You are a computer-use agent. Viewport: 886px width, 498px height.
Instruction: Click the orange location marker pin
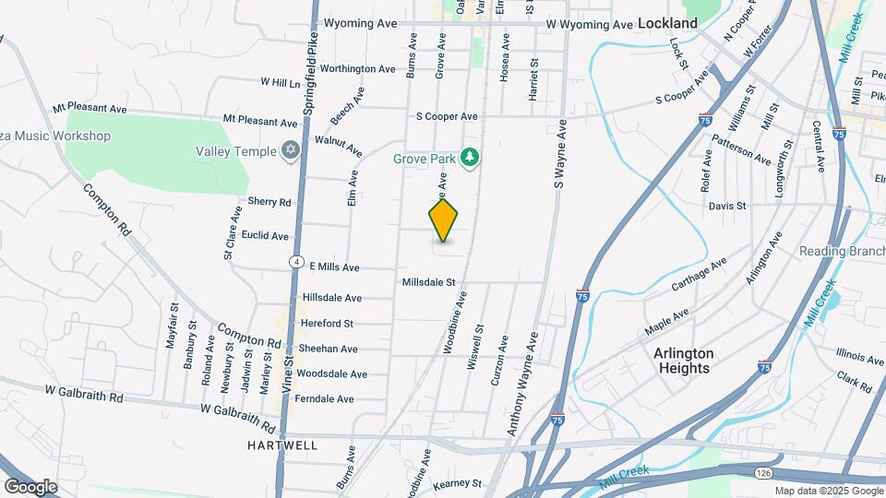click(444, 220)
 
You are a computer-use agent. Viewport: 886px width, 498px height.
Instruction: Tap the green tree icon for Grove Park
click(471, 159)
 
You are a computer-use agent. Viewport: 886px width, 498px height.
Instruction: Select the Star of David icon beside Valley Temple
click(291, 151)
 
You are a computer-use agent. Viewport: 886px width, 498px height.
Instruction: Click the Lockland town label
click(667, 22)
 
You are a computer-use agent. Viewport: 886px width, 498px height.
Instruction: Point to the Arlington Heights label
click(682, 361)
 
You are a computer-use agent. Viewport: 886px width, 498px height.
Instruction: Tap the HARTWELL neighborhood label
click(282, 445)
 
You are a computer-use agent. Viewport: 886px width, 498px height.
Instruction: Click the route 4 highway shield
click(295, 262)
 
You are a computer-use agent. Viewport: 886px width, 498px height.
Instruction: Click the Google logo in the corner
click(30, 486)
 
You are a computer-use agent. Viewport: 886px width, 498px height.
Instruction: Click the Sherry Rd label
click(269, 202)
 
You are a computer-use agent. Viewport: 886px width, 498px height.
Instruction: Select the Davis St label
click(727, 207)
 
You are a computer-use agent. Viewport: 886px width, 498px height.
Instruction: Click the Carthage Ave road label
click(699, 274)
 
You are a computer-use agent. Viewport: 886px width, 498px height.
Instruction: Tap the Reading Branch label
click(842, 252)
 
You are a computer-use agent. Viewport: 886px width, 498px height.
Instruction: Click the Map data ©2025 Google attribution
click(828, 491)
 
